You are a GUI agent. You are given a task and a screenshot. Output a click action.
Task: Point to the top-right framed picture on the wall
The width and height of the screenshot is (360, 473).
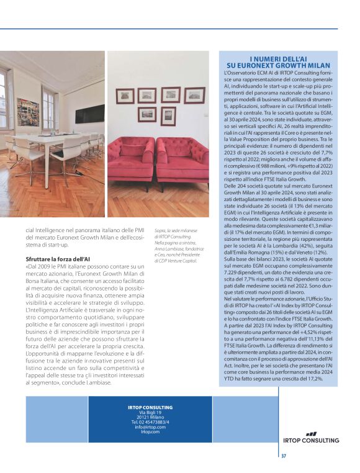(194, 95)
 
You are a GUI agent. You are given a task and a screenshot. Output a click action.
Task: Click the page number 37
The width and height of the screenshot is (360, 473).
(284, 456)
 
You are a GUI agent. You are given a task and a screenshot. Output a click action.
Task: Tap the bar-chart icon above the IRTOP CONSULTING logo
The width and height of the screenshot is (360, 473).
(311, 434)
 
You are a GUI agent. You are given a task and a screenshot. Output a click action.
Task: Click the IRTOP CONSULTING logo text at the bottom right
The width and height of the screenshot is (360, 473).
(312, 441)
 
